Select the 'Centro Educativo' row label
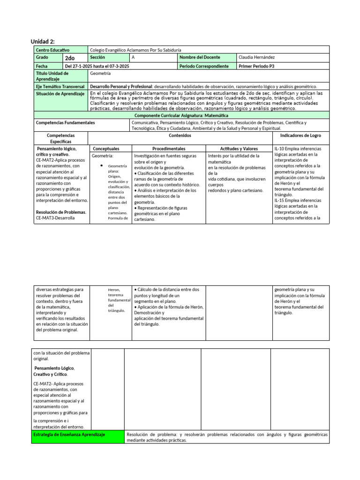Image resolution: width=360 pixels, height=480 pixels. click(52, 50)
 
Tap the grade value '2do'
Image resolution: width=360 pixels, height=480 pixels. click(70, 58)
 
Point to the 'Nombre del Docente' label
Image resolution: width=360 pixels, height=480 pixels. click(200, 57)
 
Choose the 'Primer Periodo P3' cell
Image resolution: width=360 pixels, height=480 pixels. click(256, 66)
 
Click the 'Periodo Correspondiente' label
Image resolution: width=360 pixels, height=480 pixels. click(204, 66)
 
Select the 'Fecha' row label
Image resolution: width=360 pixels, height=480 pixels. click(42, 66)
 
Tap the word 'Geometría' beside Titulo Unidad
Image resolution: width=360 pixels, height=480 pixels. click(100, 74)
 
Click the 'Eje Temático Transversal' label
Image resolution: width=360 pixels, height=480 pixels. click(60, 87)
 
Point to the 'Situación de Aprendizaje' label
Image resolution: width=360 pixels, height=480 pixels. click(60, 94)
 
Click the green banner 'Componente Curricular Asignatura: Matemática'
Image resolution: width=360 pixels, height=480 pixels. click(181, 115)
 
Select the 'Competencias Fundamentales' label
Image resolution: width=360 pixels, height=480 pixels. click(65, 123)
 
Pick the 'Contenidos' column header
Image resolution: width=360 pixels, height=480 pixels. click(180, 135)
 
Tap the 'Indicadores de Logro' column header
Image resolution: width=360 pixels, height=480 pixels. click(300, 135)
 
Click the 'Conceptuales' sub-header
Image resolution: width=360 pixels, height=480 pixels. click(106, 148)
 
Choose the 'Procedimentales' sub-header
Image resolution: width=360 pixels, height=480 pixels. click(169, 148)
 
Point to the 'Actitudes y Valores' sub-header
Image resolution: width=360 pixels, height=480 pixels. click(239, 148)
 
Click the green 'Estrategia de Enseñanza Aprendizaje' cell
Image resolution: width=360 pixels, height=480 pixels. click(69, 435)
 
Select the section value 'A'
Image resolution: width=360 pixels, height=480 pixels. click(133, 57)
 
